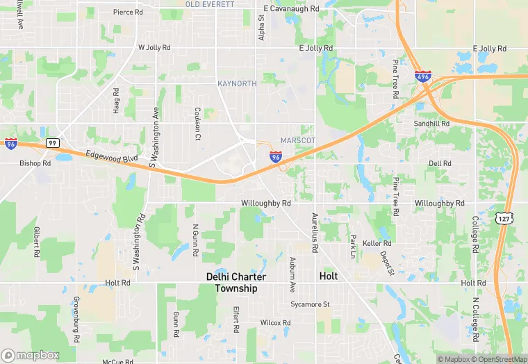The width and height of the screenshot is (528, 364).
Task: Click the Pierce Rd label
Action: pyautogui.click(x=128, y=12)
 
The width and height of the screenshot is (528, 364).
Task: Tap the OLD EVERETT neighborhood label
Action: pyautogui.click(x=210, y=4)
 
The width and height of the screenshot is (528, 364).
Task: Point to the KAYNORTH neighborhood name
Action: pyautogui.click(x=237, y=83)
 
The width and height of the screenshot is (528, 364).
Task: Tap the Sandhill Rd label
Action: pyautogui.click(x=431, y=123)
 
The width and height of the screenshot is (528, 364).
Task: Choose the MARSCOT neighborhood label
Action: pyautogui.click(x=298, y=140)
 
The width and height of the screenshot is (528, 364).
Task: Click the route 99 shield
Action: pyautogui.click(x=52, y=142)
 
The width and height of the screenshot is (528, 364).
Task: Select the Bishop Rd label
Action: pyautogui.click(x=35, y=164)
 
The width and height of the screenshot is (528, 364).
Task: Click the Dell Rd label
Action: pyautogui.click(x=440, y=163)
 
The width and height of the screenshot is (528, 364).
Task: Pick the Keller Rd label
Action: pyautogui.click(x=377, y=244)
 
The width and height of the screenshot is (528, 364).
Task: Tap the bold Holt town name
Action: pyautogui.click(x=328, y=276)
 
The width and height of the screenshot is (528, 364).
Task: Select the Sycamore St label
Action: pyautogui.click(x=310, y=304)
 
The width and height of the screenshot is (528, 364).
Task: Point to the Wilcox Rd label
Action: pyautogui.click(x=275, y=323)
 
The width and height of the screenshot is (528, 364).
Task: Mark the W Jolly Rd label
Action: pyautogui.click(x=154, y=48)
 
